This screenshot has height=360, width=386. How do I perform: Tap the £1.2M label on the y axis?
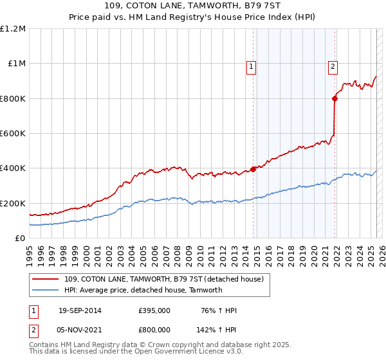[13, 29]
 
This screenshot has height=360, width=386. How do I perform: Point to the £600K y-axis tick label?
[13, 134]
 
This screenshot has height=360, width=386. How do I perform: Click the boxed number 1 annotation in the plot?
[251, 65]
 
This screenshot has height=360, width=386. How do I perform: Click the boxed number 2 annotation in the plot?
[333, 65]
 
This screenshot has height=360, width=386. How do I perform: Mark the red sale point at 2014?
[253, 169]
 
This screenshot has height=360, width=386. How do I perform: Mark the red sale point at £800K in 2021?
[335, 98]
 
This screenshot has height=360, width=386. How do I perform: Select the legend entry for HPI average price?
[143, 290]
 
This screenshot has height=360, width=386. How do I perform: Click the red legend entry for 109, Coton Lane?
[163, 279]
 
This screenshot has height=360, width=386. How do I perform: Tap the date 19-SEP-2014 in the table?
[80, 310]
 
